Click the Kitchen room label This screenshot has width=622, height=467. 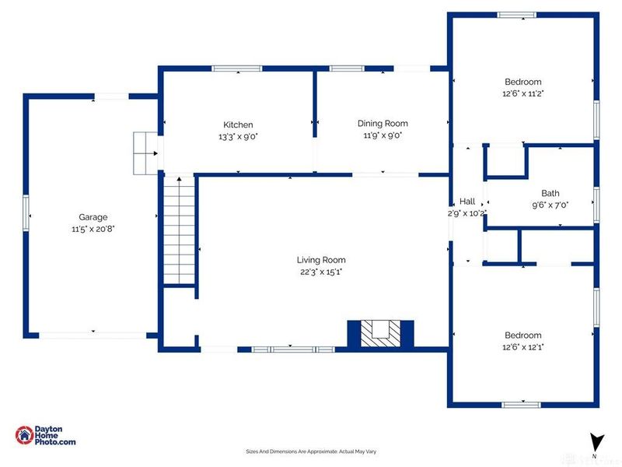[x=238, y=125]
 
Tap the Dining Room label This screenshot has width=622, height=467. [x=383, y=124]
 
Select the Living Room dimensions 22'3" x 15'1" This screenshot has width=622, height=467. [x=321, y=272]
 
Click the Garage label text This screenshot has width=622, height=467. [x=93, y=217]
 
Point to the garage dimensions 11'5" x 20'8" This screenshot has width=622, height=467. [x=93, y=229]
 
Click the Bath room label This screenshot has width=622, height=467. [x=550, y=193]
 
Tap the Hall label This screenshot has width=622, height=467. [x=467, y=202]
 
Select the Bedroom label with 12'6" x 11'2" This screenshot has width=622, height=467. [x=522, y=82]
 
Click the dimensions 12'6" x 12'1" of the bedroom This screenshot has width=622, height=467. [x=522, y=347]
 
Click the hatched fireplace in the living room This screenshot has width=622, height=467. [x=381, y=334]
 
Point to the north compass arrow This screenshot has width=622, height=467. [x=596, y=441]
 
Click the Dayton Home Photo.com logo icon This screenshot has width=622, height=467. [x=25, y=435]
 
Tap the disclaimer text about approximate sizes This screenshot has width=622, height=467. [x=311, y=451]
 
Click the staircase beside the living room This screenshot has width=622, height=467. [x=180, y=230]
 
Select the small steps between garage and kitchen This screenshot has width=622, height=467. [x=145, y=153]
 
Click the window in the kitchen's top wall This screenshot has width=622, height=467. [x=237, y=68]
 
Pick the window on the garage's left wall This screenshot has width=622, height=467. [x=26, y=212]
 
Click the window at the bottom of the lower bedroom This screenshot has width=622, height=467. [x=521, y=405]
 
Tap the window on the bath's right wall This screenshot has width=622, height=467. [x=596, y=204]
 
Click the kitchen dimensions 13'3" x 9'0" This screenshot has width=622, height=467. [x=238, y=137]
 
